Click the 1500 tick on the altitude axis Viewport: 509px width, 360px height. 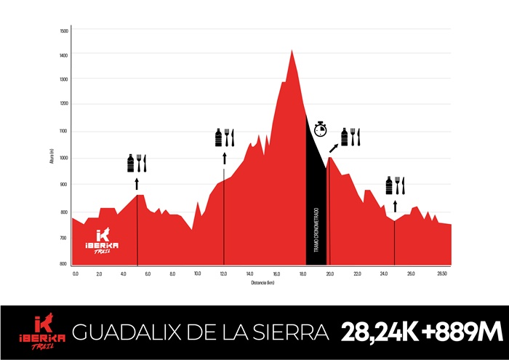point(63,31)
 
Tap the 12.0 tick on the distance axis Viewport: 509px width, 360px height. point(223,273)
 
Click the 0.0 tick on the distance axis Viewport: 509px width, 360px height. point(76,273)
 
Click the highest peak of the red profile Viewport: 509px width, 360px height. point(292,51)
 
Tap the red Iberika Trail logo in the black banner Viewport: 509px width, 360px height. point(43,332)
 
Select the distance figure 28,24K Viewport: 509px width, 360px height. point(379,333)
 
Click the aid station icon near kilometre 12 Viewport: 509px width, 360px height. point(224,137)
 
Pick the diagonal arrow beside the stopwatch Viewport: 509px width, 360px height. point(334,148)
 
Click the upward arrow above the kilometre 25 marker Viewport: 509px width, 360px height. point(395,206)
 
